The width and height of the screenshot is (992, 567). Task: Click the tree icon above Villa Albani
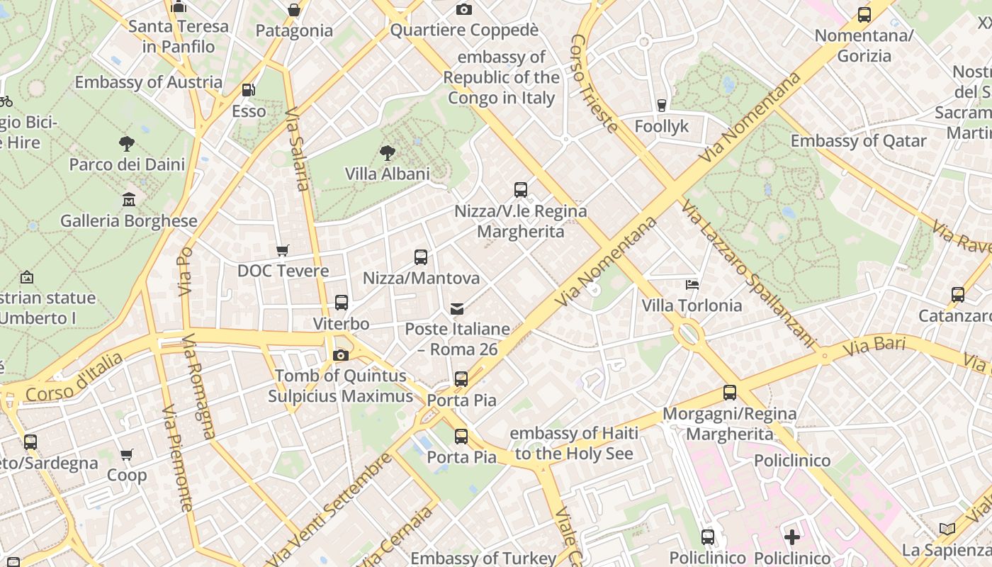tap(387, 152)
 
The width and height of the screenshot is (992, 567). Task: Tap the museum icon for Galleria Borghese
tap(129, 200)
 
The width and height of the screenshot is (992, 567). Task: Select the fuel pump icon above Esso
tap(248, 90)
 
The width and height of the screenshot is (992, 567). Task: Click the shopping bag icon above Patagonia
tap(294, 10)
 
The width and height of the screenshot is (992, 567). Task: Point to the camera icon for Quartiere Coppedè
tap(464, 9)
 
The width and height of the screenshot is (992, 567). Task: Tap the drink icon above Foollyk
tap(662, 105)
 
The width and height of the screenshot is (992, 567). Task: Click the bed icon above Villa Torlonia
tap(692, 285)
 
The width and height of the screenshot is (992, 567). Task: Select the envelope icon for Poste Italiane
tap(457, 308)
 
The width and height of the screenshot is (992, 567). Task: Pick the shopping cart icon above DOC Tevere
tap(283, 250)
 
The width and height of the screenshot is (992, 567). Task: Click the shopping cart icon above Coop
tap(127, 454)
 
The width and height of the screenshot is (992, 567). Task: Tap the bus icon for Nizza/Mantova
tap(421, 257)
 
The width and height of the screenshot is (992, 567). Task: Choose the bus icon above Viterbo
tap(341, 303)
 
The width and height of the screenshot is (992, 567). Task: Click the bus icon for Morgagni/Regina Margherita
tap(730, 392)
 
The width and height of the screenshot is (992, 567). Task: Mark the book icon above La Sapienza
tap(947, 529)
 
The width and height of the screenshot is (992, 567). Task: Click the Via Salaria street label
tap(298, 149)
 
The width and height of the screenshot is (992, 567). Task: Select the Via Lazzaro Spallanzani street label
tap(748, 273)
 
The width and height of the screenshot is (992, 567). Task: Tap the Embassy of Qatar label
tap(858, 141)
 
